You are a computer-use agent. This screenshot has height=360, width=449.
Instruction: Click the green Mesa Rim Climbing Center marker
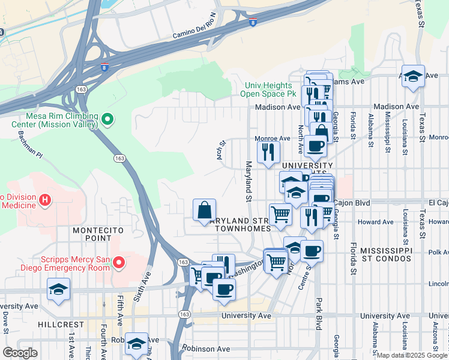[107, 120]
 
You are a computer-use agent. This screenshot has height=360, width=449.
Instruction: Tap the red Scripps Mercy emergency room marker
[119, 263]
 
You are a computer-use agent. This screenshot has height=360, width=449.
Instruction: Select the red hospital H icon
[44, 199]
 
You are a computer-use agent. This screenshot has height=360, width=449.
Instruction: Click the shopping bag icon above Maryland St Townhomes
[205, 211]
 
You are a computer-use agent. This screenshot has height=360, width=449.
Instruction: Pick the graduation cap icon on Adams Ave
[413, 77]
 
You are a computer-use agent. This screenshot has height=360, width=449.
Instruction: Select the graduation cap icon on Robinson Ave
[136, 344]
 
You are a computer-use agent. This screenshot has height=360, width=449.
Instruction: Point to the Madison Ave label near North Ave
[277, 107]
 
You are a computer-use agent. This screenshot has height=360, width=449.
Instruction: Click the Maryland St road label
[247, 181]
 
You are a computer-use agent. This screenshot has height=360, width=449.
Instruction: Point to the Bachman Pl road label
[30, 145]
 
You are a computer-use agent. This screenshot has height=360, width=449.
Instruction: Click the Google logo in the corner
[20, 353]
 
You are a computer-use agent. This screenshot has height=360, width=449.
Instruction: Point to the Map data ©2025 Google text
[412, 355]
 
